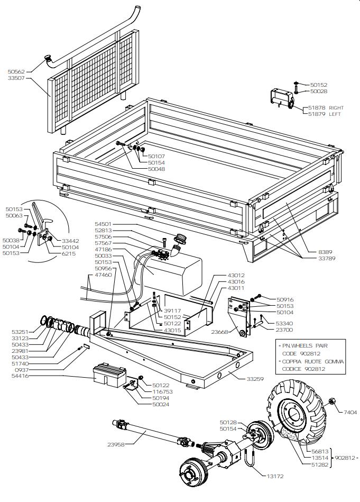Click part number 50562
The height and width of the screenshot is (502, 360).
coord(16,71)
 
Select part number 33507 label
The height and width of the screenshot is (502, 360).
coord(16,78)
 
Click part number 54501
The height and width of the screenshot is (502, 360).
coord(103,224)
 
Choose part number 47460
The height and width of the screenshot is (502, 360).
coord(103,275)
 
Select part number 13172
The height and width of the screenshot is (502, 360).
coord(275,476)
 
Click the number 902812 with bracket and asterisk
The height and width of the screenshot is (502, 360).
coord(345,457)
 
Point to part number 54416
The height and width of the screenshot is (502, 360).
coord(20,376)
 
